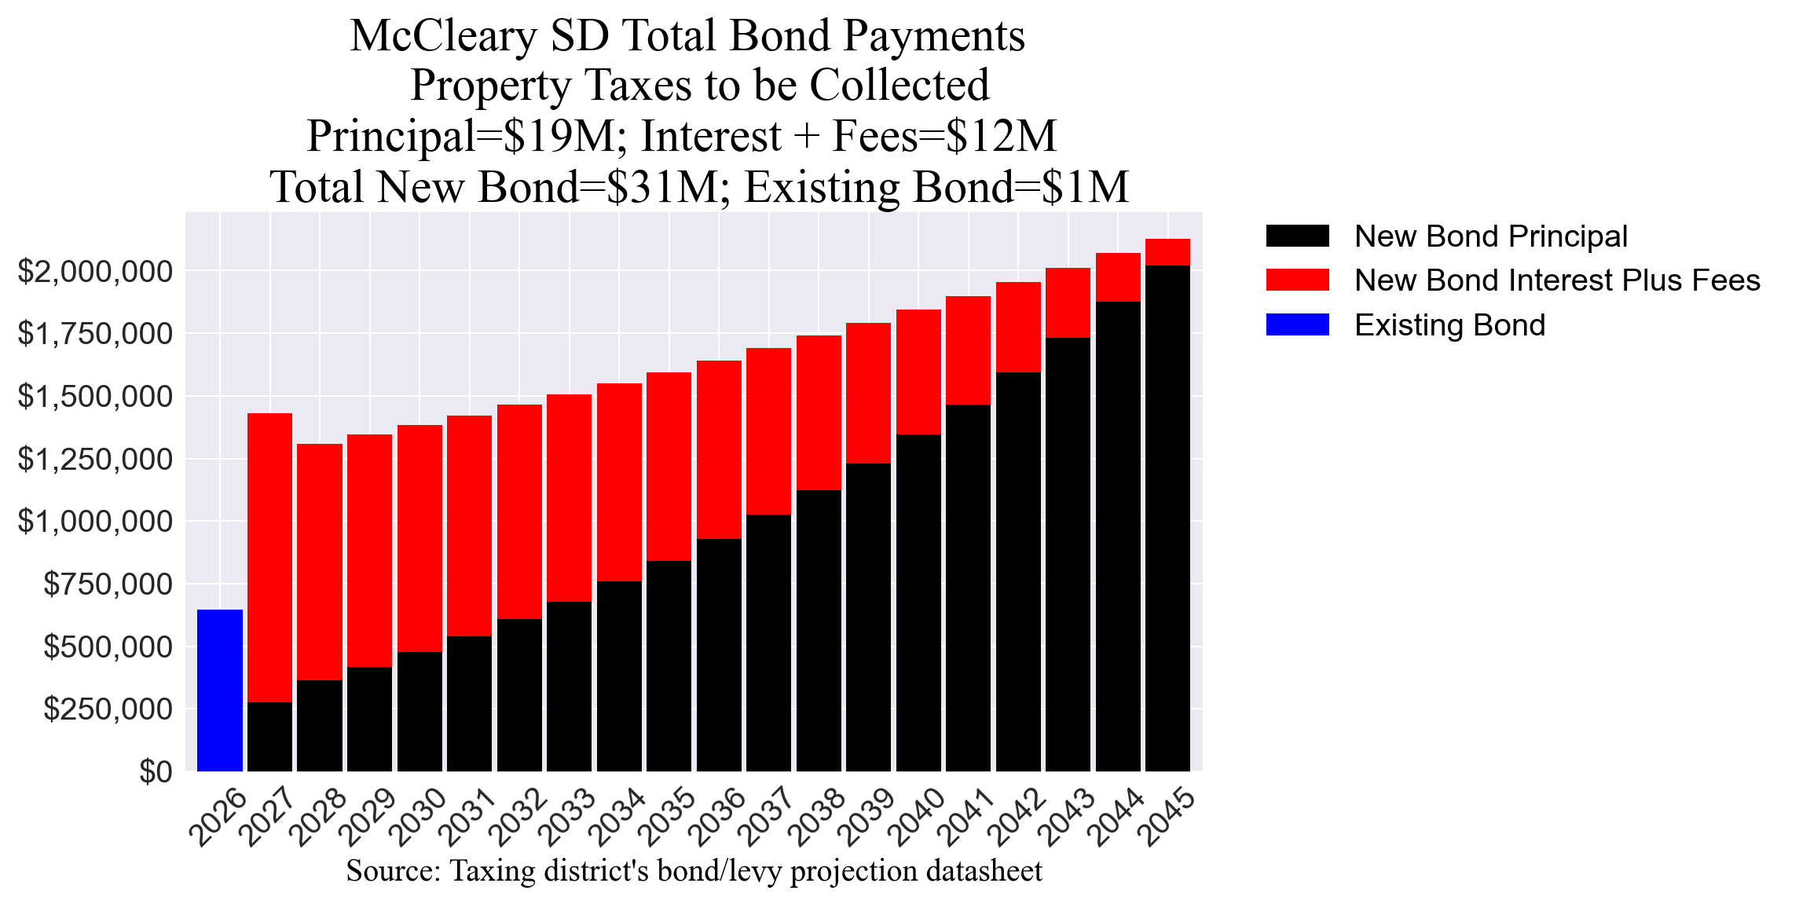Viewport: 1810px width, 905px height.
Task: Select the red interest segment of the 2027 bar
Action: point(269,557)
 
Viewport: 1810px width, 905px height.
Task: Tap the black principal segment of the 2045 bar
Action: point(1167,518)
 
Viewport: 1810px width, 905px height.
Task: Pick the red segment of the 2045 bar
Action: point(1167,252)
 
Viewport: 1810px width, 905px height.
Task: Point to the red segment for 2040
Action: point(918,372)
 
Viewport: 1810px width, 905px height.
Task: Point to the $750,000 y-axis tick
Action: point(107,584)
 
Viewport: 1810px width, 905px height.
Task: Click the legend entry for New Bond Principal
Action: point(1490,236)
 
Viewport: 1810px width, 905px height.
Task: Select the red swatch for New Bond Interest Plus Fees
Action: point(1297,280)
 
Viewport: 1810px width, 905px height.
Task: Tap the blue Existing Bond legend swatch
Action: point(1297,324)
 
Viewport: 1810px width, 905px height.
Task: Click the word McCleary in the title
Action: point(444,36)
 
